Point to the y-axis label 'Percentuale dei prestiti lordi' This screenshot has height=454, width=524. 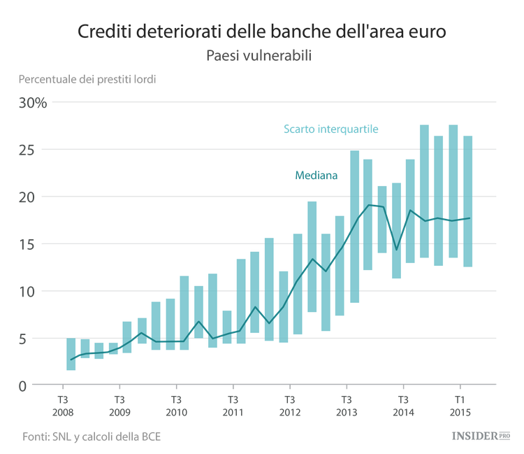88,79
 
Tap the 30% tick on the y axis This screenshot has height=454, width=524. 34,104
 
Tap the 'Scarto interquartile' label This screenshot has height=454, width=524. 330,129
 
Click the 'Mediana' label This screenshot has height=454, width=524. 316,176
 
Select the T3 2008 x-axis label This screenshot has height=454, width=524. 61,406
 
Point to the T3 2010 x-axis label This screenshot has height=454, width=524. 175,406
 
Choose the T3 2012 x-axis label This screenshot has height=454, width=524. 289,406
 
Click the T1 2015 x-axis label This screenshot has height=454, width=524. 460,406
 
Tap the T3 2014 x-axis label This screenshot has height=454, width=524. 403,406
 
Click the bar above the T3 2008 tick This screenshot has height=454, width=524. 71,354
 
